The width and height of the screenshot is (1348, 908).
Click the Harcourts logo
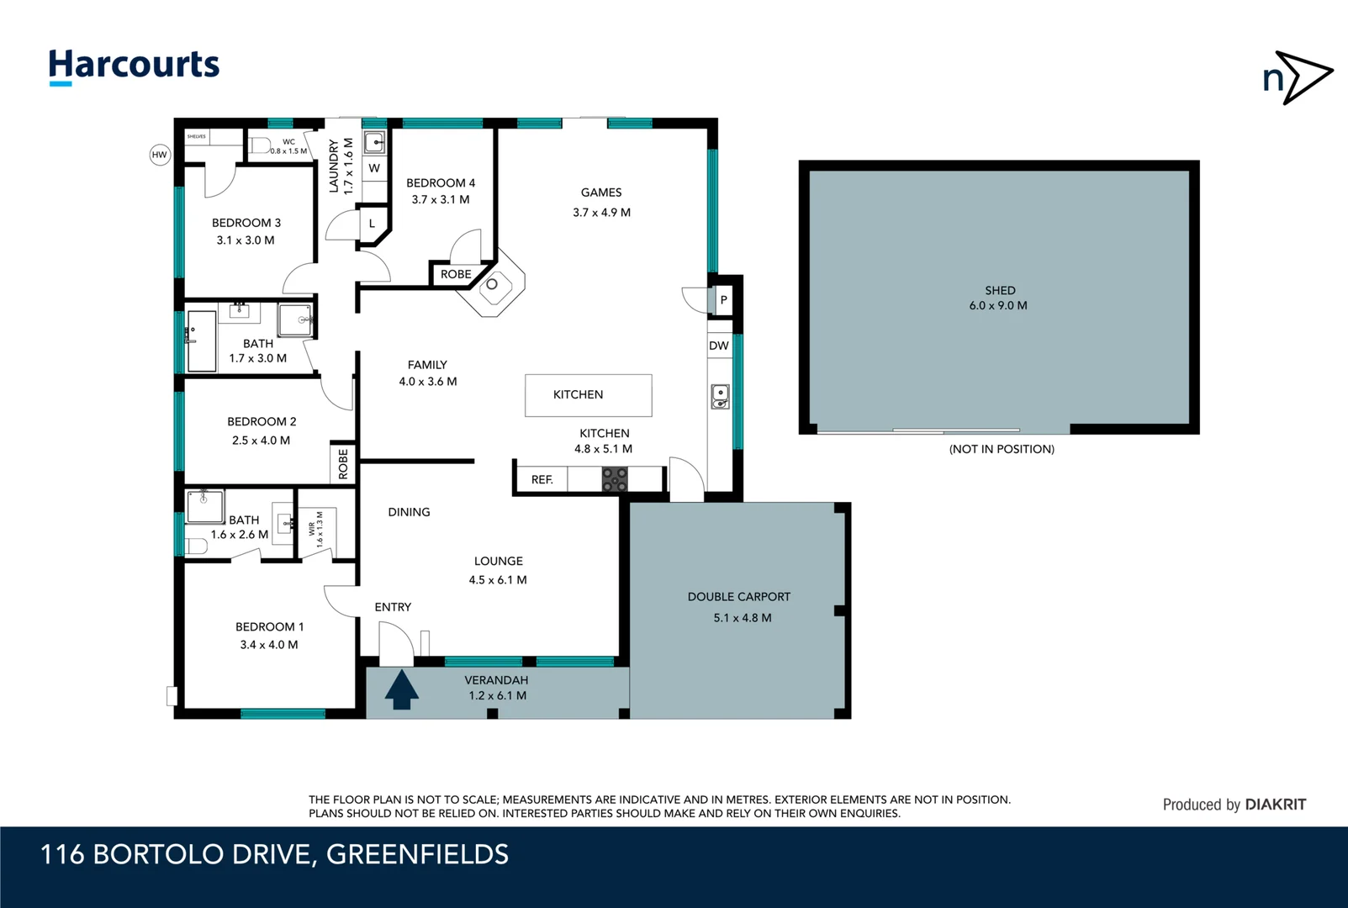[134, 66]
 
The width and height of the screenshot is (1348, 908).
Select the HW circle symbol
[160, 155]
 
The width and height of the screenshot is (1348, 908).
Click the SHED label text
[1000, 290]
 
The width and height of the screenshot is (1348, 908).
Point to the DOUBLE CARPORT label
[738, 597]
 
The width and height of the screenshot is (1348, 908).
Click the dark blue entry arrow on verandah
[401, 689]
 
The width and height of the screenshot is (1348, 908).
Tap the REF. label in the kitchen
[542, 480]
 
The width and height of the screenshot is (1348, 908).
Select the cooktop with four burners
[615, 480]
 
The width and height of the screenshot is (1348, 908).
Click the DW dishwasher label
[718, 346]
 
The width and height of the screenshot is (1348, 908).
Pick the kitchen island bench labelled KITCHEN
[588, 395]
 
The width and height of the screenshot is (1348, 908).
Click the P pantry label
[723, 300]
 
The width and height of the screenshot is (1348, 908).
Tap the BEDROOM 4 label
[441, 182]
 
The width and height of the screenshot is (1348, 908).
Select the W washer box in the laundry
[374, 168]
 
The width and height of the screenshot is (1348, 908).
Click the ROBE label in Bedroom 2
[343, 464]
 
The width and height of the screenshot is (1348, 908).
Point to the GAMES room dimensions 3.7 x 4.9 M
[601, 213]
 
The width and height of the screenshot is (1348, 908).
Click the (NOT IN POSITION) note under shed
[1002, 449]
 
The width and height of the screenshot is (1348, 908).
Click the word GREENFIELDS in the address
[417, 854]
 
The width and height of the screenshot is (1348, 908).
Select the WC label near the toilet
[288, 142]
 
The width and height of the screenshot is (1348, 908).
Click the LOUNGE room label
[498, 561]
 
